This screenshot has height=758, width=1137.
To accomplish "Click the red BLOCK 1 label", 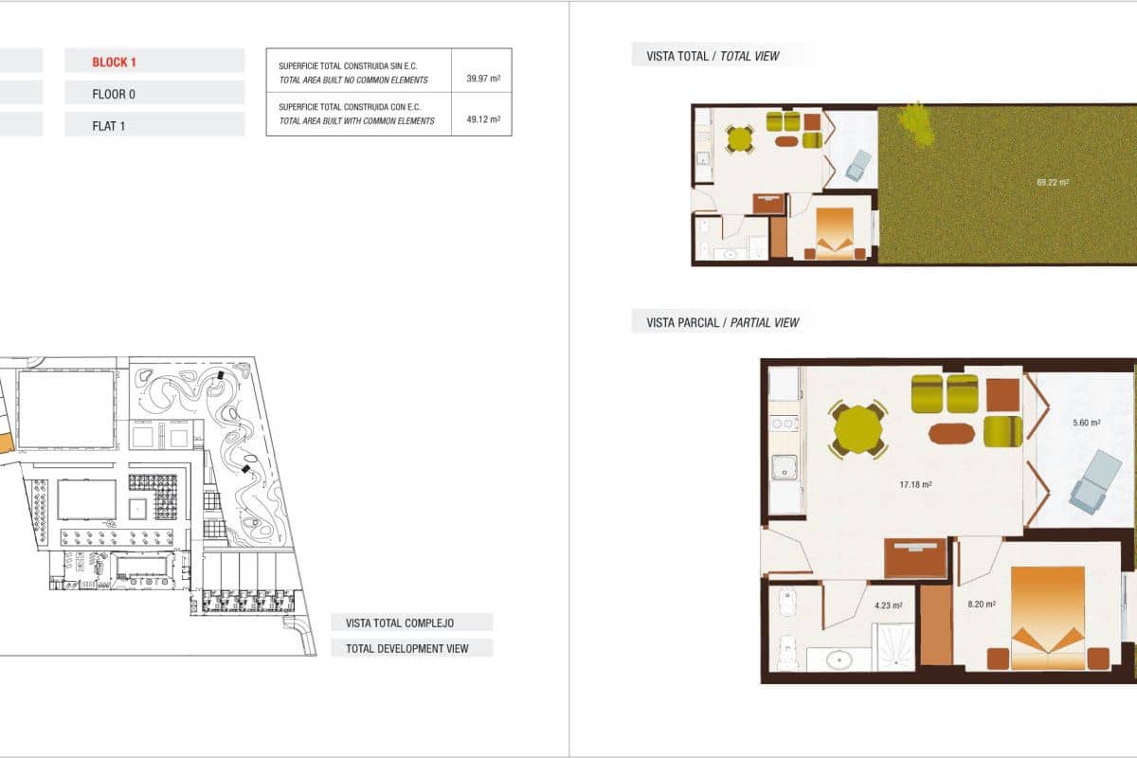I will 115,63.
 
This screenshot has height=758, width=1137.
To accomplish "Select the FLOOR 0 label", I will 114,94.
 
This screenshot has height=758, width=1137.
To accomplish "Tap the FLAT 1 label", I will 108,125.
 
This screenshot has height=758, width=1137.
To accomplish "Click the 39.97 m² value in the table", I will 482,80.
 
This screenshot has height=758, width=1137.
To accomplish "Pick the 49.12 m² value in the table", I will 482,120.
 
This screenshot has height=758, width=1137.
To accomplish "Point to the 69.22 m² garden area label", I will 1053,182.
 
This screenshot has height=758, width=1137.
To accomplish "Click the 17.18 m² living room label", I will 914,484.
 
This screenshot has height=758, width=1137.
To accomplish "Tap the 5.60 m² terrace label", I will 1086,424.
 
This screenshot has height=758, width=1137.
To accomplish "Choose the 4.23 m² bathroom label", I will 888,605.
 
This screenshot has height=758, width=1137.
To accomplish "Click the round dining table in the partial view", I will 858,431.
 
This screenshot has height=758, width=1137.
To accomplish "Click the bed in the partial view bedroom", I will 1047,616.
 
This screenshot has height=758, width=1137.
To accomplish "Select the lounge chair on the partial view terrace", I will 1094,479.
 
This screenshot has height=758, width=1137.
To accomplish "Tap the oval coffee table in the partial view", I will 951,433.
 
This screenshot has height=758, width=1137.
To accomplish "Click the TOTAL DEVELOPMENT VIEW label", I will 412,649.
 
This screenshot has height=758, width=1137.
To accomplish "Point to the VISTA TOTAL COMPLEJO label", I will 400,623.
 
